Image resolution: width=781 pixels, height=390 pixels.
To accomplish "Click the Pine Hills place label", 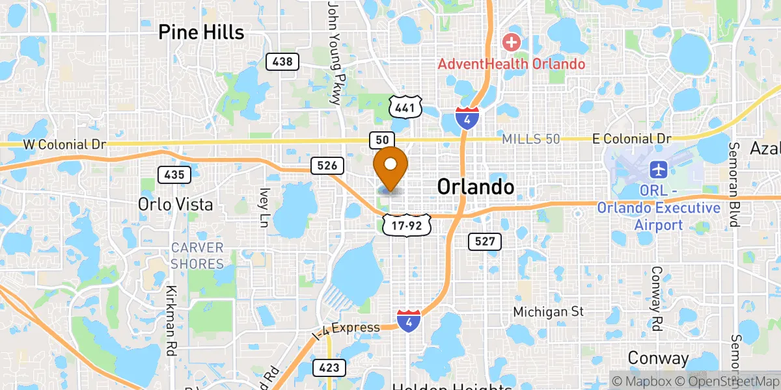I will click(x=201, y=32).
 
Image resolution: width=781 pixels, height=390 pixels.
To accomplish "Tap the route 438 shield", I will click(x=282, y=62).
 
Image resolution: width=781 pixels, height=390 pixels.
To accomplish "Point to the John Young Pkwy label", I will click(x=334, y=52).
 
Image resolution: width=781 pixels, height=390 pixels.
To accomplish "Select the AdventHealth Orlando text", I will click(x=511, y=64).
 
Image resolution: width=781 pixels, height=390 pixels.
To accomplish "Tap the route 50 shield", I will click(x=382, y=139).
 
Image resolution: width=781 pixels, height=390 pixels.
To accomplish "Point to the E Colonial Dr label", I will click(x=632, y=139).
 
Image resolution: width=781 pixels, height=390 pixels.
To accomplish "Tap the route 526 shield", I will click(x=327, y=166).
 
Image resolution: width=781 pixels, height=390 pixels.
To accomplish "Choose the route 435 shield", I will click(x=174, y=174).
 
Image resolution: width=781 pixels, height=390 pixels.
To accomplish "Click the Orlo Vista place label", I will click(x=175, y=204).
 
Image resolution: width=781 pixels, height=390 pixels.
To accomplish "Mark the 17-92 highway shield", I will click(x=407, y=226).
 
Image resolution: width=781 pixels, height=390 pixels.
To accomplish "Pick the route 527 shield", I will click(x=485, y=242).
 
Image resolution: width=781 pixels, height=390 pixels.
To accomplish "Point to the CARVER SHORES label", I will click(x=197, y=255).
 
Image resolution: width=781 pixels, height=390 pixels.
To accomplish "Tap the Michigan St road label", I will click(x=548, y=312).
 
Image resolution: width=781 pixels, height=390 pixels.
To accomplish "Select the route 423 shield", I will click(x=329, y=368).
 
